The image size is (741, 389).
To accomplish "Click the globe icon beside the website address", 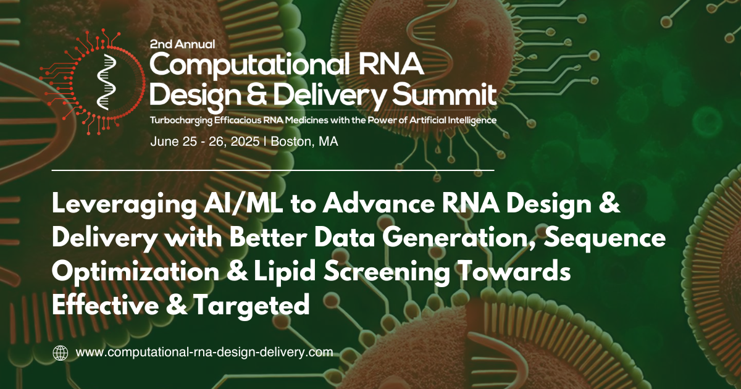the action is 61,353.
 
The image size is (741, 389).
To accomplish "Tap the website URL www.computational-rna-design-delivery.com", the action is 204,353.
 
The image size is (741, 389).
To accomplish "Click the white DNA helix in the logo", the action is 106,82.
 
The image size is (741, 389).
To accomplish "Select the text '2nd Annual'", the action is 182,44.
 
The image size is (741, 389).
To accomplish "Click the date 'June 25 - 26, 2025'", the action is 205,141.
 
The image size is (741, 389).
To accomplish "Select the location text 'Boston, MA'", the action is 304,141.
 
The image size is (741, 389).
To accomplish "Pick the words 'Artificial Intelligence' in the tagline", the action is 453,120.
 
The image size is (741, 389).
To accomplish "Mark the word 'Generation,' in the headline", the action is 459,239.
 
